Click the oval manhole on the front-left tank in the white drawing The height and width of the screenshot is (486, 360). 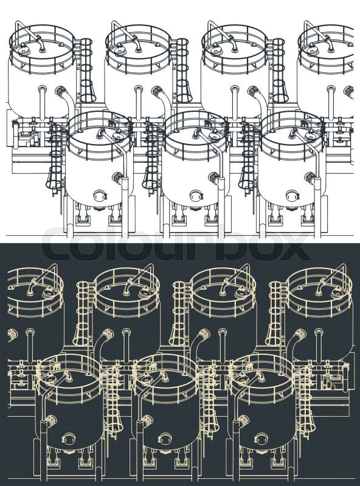100,196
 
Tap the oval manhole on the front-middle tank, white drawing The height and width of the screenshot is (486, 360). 196,196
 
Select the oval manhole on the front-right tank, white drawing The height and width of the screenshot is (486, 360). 292,196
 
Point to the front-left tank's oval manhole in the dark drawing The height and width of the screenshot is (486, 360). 69,438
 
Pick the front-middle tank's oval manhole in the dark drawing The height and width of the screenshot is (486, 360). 165,438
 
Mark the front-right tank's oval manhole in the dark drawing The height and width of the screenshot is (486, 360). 261,438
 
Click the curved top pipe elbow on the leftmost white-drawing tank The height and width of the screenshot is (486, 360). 41,44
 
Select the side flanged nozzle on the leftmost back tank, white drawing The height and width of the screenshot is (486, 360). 61,91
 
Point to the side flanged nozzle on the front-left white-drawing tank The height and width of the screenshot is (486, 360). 117,177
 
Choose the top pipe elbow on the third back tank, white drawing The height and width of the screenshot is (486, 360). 233,44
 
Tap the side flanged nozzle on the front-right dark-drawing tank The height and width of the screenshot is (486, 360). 243,420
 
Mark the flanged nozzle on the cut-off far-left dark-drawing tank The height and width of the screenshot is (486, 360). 11,334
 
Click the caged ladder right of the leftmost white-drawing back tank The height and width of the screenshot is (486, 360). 87,70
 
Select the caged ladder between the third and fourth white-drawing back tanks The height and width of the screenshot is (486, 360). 279,70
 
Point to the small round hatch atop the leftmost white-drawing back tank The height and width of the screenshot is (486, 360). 23,49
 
